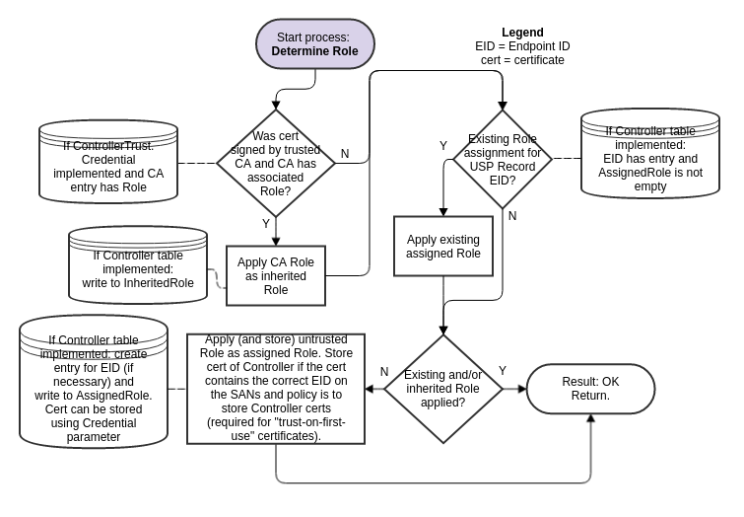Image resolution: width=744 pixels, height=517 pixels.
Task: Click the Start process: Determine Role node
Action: (314, 44)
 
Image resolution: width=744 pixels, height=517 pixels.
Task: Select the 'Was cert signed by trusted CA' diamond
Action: (276, 163)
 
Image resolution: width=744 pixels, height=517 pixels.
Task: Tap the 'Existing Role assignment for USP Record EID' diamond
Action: (503, 158)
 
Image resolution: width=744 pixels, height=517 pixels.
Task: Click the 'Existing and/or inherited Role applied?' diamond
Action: (442, 389)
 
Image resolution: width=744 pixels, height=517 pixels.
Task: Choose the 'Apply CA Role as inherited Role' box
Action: (276, 275)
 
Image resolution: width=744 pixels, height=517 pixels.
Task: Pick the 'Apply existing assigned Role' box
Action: (443, 246)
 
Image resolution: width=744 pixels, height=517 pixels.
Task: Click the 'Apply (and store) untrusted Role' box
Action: (275, 388)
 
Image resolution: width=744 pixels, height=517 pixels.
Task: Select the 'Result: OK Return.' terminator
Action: (590, 389)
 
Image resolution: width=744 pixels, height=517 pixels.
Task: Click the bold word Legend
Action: (522, 33)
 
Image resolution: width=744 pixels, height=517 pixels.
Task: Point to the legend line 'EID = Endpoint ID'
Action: (522, 46)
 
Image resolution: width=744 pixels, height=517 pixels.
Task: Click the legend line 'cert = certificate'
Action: (522, 60)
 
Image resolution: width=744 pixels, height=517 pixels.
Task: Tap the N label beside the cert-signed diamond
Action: (345, 154)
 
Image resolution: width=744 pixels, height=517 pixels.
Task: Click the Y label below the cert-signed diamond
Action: (266, 224)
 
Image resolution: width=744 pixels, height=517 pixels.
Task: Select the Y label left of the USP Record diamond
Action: (443, 146)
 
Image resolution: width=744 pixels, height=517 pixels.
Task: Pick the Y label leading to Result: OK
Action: (503, 371)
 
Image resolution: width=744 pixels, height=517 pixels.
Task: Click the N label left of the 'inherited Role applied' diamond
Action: (384, 372)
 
